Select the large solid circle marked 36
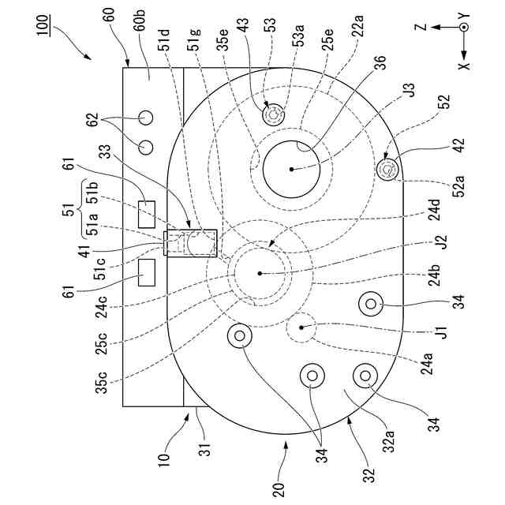tap(292, 169)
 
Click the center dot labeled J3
tap(292, 169)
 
